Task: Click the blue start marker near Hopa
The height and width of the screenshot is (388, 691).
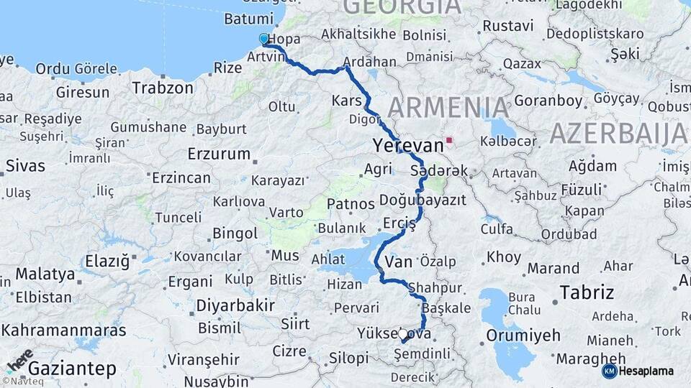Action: (264, 39)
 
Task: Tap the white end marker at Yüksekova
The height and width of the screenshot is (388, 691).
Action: (402, 334)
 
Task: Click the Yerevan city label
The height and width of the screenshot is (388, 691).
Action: (408, 145)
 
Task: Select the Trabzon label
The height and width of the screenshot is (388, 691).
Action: (163, 88)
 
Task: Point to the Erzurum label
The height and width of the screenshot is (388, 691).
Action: (219, 154)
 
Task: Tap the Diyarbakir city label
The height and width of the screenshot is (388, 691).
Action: (235, 305)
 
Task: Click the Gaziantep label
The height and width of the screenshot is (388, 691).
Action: (71, 369)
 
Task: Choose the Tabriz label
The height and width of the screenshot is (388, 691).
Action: (587, 292)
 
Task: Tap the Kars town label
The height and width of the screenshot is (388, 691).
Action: (346, 100)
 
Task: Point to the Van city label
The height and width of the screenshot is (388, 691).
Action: (399, 260)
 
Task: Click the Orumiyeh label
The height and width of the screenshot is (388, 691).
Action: (523, 336)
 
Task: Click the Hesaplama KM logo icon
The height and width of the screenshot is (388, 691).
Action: (610, 371)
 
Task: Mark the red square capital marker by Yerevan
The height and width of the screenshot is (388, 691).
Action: (449, 140)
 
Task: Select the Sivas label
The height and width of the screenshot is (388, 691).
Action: (25, 165)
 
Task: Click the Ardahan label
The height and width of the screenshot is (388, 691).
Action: (370, 62)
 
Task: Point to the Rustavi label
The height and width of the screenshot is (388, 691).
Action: (508, 26)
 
